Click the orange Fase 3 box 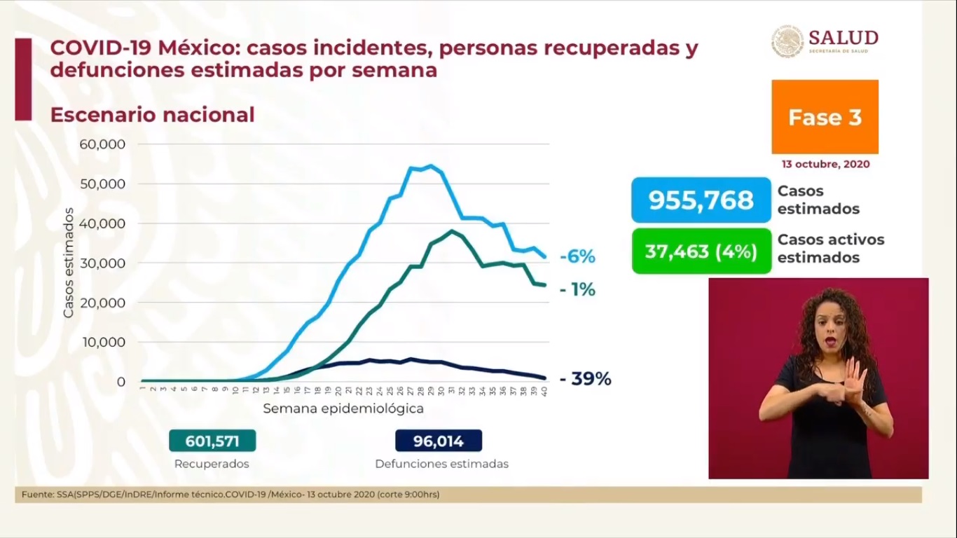click(825, 117)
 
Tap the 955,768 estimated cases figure click(701, 200)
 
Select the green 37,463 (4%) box click(701, 251)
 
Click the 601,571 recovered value click(212, 441)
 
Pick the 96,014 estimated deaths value click(439, 441)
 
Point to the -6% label click(577, 257)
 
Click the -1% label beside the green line click(577, 289)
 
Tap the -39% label click(586, 379)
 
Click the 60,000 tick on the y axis click(102, 144)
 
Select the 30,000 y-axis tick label click(102, 263)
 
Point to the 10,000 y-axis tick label click(102, 343)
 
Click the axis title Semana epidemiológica click(343, 408)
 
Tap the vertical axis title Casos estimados click(69, 263)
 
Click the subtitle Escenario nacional click(152, 115)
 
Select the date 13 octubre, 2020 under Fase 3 click(825, 164)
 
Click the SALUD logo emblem click(787, 41)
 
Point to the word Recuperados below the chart click(212, 464)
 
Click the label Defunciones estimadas click(441, 464)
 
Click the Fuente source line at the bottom click(230, 495)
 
